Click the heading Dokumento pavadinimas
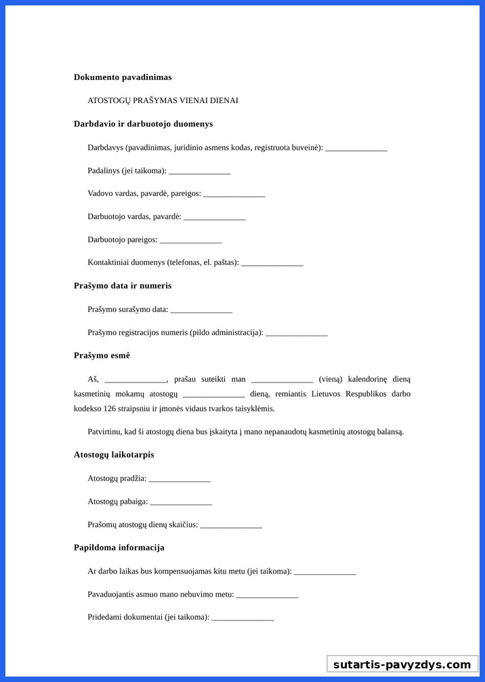123,77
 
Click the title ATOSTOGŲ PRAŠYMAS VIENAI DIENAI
163,100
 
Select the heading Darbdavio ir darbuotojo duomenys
143,124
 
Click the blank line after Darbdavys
356,148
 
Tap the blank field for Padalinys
199,172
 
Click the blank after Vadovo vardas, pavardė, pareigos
234,195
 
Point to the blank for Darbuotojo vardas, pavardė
214,218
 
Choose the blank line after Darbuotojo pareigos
190,241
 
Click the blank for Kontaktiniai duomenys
272,264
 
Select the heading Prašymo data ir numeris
123,286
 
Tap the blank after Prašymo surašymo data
201,310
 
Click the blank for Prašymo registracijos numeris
296,334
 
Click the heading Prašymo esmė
102,356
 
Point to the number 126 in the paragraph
110,409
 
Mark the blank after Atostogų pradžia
180,479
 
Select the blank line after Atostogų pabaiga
181,502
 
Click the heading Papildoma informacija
119,548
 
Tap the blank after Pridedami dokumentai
242,618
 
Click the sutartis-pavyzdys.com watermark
402,664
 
